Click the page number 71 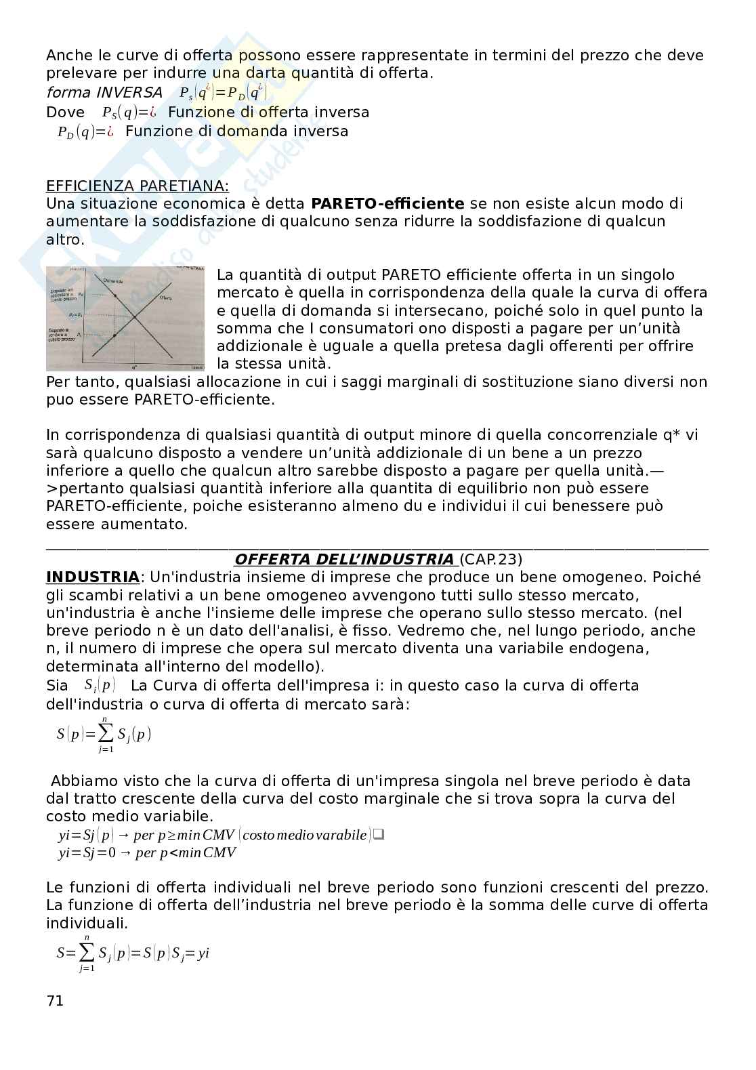(54, 1000)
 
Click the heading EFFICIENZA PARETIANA (137, 186)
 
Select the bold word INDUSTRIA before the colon (92, 577)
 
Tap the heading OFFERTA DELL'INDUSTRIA (344, 560)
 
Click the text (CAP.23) (491, 560)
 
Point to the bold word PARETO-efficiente (387, 203)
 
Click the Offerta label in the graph (165, 297)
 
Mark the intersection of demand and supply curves (135, 316)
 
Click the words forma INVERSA (104, 92)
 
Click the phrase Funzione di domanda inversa (236, 131)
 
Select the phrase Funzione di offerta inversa (268, 112)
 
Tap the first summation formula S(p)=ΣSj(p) (104, 734)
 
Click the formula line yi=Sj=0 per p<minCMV (147, 852)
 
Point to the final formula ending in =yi (133, 953)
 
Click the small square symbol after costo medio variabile (379, 834)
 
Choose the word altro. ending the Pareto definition (65, 239)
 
